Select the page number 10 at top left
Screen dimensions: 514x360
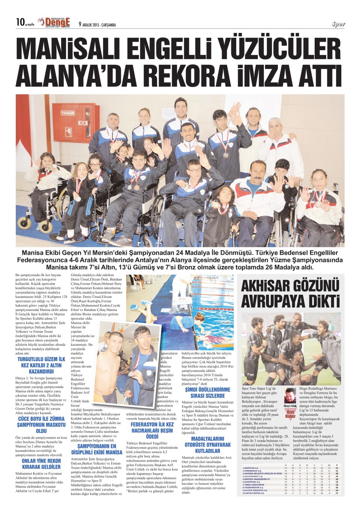coord(20,22)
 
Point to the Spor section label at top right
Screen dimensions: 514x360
coord(338,24)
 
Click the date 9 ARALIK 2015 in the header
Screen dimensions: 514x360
coord(97,25)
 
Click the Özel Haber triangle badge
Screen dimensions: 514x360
coord(290,414)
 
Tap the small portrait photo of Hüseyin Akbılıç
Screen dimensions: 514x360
coord(290,396)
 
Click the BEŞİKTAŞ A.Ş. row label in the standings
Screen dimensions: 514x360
coord(252,468)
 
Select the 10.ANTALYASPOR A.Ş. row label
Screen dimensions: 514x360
coord(253,493)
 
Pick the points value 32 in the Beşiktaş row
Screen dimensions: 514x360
coord(337,468)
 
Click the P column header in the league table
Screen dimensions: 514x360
coord(337,465)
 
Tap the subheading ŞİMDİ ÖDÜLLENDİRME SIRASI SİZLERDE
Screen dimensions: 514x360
coord(207,393)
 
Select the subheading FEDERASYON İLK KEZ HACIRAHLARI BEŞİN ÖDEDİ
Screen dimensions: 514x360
coord(152,430)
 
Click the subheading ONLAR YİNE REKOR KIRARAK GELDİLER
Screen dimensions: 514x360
coord(41,464)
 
